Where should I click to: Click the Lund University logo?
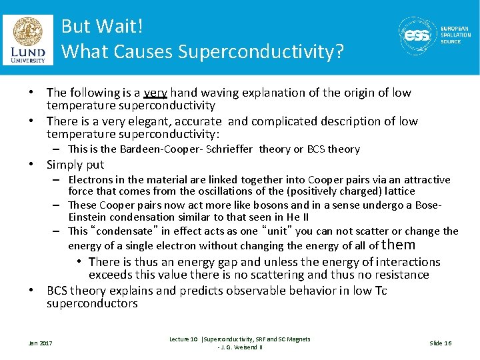pyautogui.click(x=28, y=39)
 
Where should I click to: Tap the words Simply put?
pyautogui.click(x=75, y=165)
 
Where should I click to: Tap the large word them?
pyautogui.click(x=399, y=245)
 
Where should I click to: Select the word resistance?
pyautogui.click(x=403, y=275)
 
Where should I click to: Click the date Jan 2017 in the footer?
pyautogui.click(x=39, y=343)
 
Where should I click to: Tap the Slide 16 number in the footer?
pyautogui.click(x=440, y=343)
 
